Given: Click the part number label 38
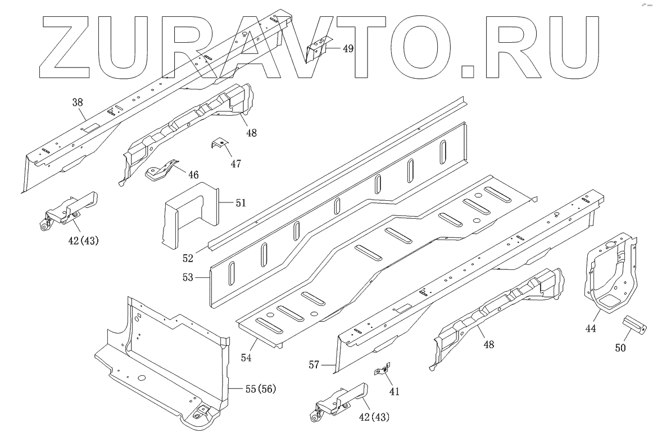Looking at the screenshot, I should (x=78, y=102).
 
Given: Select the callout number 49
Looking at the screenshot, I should (x=348, y=48).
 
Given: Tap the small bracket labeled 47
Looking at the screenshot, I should (x=220, y=144).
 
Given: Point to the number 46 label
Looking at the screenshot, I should (x=193, y=175).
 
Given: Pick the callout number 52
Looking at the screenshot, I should (x=188, y=258).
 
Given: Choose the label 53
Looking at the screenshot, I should (x=188, y=277).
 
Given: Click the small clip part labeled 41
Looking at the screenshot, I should (x=383, y=370).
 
